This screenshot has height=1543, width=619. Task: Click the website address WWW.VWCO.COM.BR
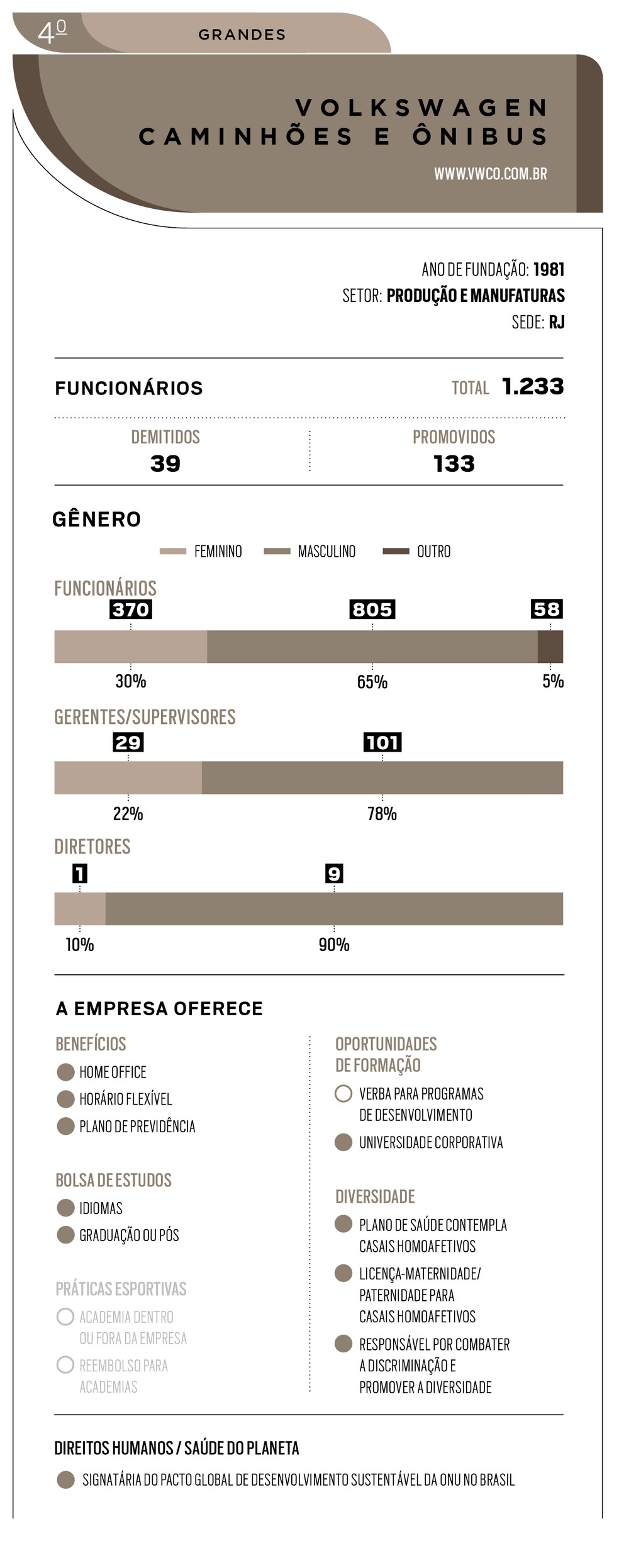490,174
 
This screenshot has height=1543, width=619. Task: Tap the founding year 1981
549,270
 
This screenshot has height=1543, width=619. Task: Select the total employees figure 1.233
532,387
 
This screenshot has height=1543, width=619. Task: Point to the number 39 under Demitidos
165,464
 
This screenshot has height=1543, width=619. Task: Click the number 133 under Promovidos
454,464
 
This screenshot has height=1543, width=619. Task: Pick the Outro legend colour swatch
396,552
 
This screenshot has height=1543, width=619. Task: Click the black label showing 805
372,609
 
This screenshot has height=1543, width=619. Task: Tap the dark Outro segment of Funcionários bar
550,647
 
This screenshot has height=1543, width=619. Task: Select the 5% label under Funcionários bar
553,682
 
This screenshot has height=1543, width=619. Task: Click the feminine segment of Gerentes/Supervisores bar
128,777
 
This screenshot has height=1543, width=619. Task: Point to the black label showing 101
382,742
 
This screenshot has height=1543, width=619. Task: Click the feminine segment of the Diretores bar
80,908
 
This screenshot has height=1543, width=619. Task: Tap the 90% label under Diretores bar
334,945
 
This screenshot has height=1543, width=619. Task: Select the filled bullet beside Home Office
65,1072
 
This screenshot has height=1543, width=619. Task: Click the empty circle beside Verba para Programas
343,1094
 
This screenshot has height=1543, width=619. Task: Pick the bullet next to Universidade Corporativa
343,1142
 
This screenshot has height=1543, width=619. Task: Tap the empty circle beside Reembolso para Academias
65,1365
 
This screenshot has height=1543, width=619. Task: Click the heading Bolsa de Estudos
113,1180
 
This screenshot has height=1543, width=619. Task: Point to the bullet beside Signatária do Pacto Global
65,1480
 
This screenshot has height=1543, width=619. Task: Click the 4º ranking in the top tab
52,31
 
